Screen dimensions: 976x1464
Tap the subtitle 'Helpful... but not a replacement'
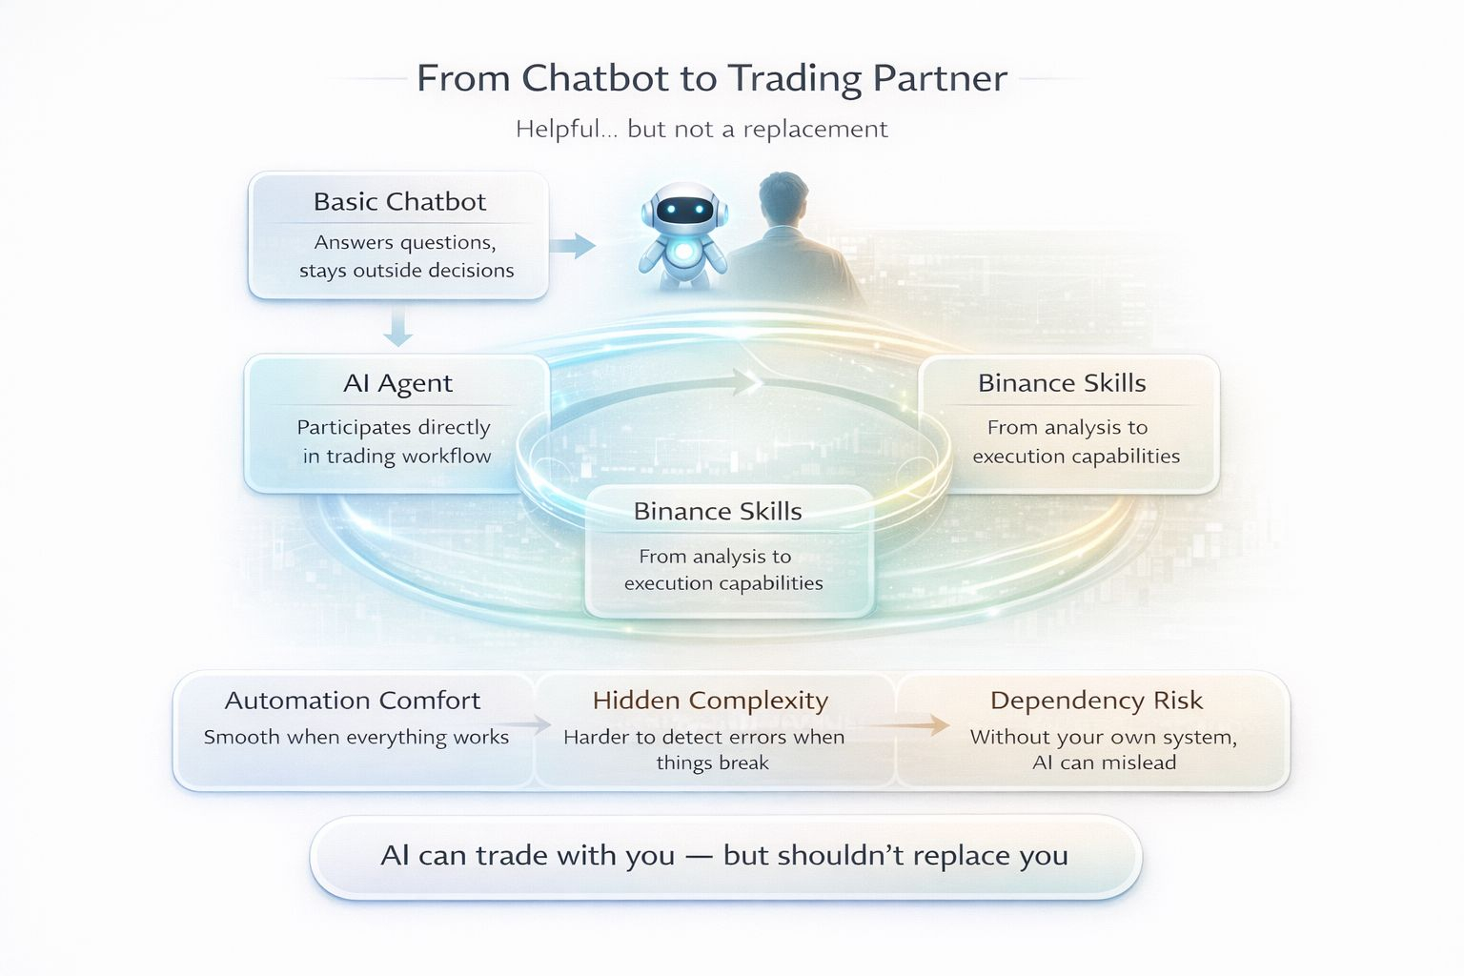(701, 129)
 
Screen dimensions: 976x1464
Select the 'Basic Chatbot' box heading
(399, 202)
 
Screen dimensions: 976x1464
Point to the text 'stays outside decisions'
(406, 271)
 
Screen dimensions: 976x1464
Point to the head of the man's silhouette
(783, 200)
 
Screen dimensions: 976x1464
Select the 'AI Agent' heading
(397, 383)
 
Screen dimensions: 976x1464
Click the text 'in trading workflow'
(396, 457)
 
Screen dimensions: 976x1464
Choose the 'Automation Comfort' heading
(353, 701)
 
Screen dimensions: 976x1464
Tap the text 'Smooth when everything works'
(356, 737)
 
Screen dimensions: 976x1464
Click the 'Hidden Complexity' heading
(710, 701)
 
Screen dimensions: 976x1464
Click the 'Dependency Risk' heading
(1096, 701)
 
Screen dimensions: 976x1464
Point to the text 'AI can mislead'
(1104, 762)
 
